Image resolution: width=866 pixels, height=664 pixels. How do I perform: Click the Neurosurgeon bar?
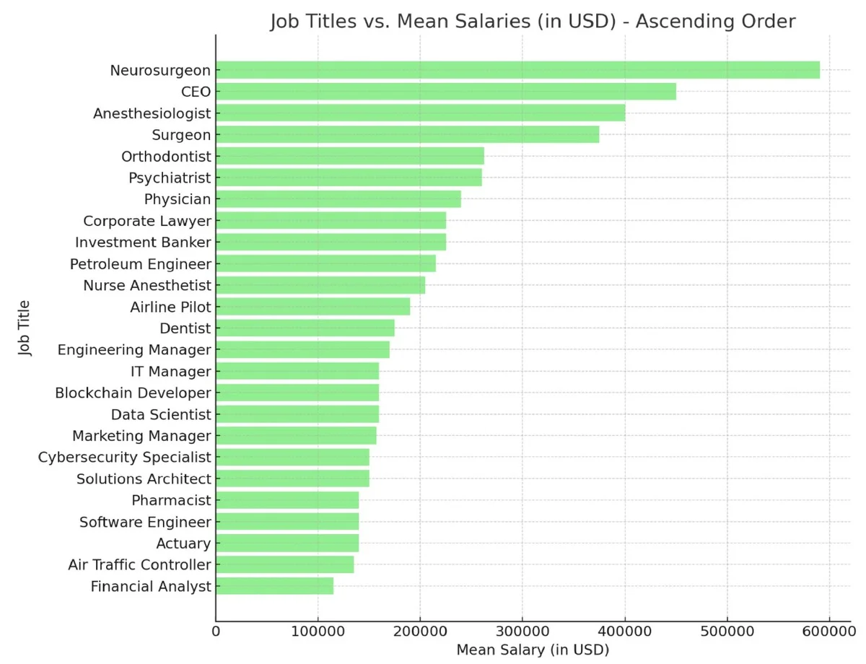point(517,70)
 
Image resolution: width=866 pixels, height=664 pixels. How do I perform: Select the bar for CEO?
point(446,92)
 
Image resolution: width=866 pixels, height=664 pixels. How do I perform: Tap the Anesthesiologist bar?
point(420,113)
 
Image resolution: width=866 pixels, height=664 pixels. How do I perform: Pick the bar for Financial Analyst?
point(274,586)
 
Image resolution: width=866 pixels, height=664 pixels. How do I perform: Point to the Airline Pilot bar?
point(312,307)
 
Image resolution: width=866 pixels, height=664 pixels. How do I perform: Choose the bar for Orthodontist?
point(349,157)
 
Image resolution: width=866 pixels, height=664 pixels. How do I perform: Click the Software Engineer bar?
point(287,522)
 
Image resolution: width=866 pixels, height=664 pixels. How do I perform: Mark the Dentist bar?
point(305,328)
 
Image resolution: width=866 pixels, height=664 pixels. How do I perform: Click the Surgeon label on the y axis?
point(181,135)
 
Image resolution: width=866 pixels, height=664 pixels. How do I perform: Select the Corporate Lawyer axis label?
point(147,221)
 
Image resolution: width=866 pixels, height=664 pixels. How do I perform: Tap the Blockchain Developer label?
point(133,393)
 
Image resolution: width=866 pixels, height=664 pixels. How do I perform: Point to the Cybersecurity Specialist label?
point(125,458)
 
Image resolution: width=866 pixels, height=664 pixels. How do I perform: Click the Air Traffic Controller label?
point(139,564)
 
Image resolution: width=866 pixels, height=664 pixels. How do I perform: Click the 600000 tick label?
point(829,632)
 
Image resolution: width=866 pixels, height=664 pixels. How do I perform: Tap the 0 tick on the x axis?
point(216,632)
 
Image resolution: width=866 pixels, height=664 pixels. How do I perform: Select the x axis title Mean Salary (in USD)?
point(533,650)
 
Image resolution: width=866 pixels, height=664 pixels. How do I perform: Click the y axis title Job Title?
point(26,328)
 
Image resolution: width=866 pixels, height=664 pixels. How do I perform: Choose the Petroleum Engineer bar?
point(325,264)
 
